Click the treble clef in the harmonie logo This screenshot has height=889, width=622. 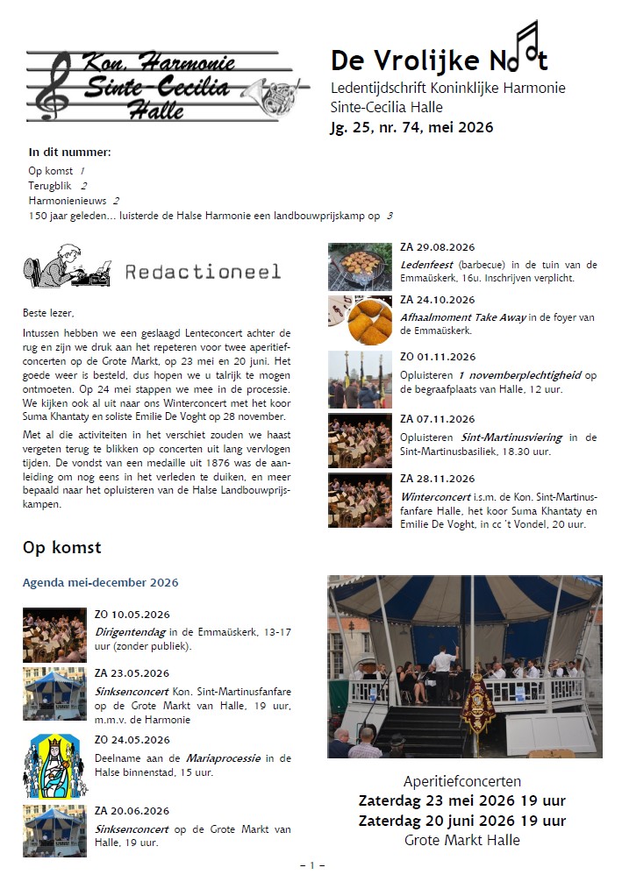[61, 86]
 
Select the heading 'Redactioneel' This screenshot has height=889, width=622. [203, 271]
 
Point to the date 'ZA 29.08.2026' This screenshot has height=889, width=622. [437, 248]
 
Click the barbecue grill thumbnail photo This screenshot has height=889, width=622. [360, 267]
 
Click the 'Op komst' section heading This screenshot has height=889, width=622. [61, 548]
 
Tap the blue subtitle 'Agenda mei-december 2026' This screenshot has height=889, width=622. [100, 582]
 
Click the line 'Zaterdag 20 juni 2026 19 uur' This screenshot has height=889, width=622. [462, 821]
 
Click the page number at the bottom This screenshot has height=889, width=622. [311, 865]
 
